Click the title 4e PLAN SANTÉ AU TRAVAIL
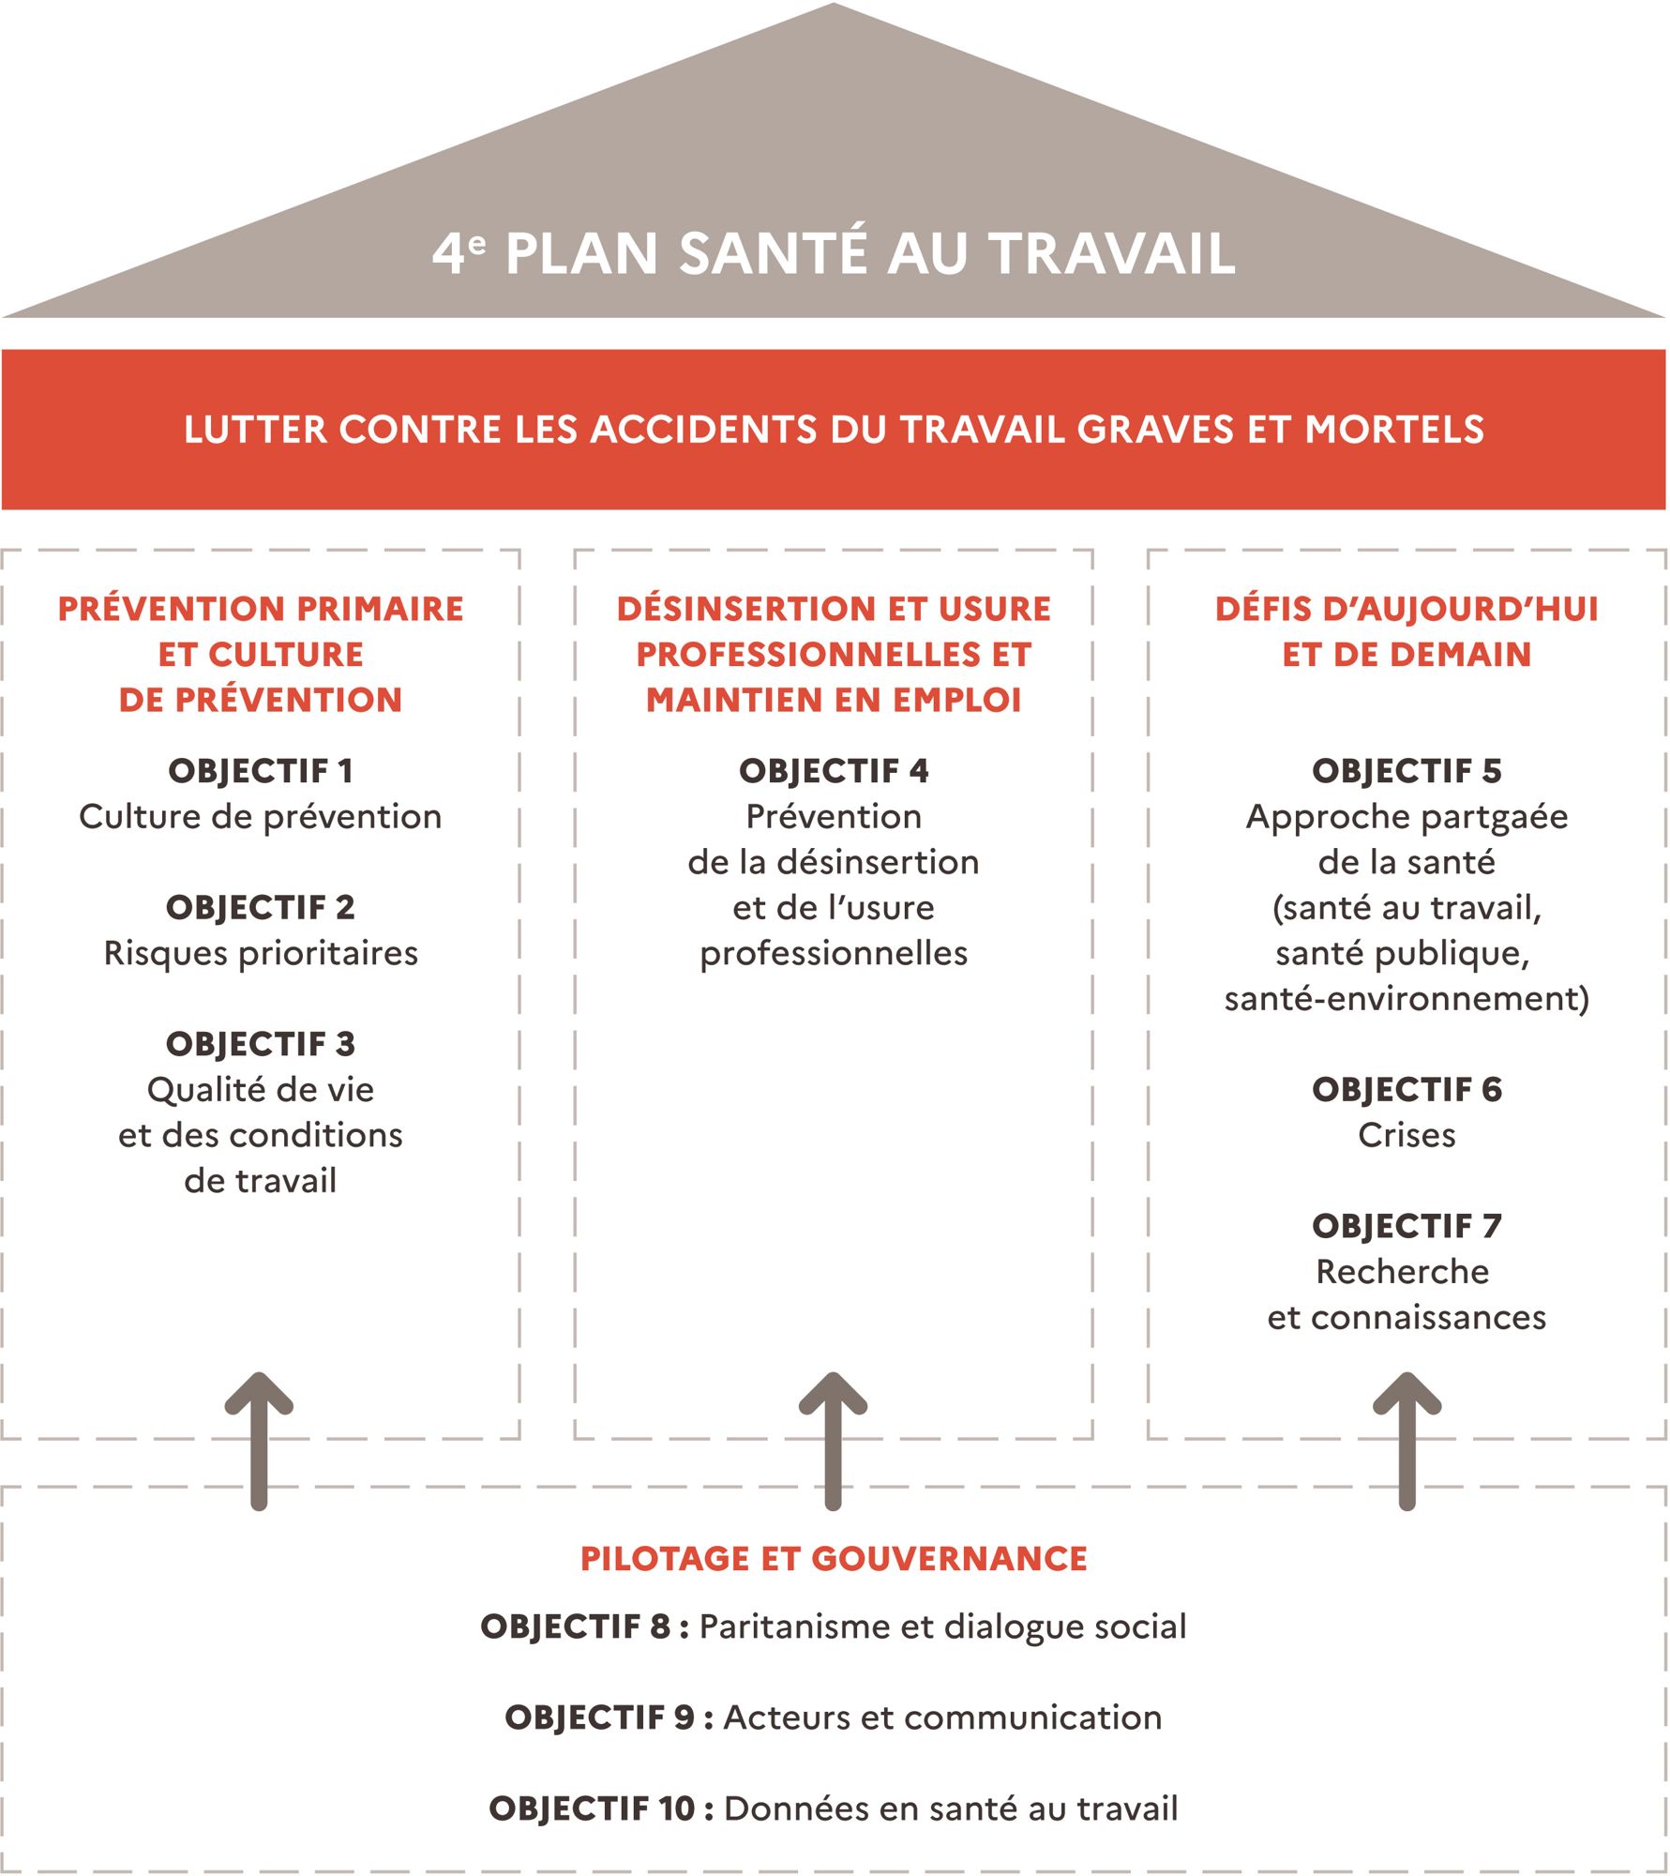point(834,253)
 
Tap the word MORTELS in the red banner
point(1394,430)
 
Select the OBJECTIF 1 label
point(261,771)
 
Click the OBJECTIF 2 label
point(261,907)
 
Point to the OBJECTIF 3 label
point(261,1044)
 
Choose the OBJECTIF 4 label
point(834,771)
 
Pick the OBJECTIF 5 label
point(1407,771)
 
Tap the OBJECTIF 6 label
point(1407,1089)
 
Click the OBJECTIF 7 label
point(1407,1226)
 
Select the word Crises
point(1407,1135)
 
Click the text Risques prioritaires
point(261,953)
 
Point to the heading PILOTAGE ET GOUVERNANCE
point(834,1558)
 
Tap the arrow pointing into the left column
point(260,1441)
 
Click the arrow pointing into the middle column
point(833,1441)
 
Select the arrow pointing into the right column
point(1407,1441)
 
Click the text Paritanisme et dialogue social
point(942,1626)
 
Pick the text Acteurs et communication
point(942,1717)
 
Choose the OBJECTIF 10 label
point(592,1808)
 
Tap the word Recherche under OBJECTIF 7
point(1403,1272)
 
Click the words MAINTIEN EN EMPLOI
point(834,700)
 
